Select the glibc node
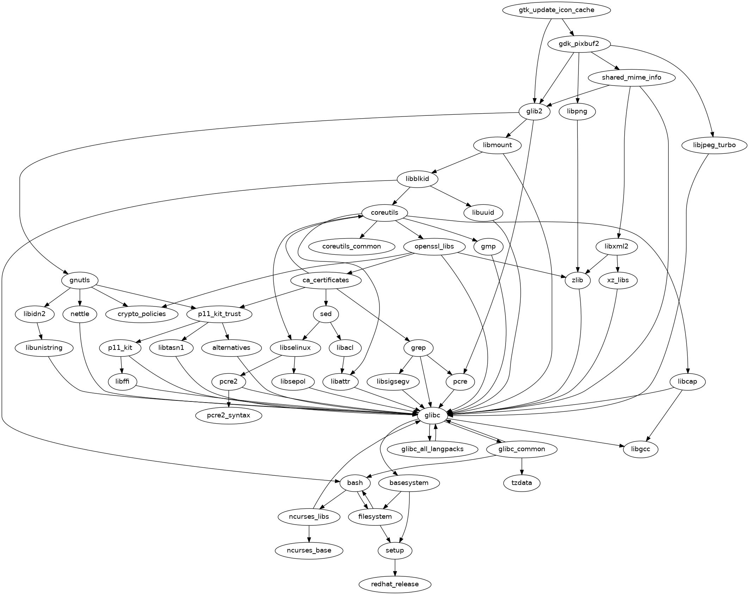click(432, 415)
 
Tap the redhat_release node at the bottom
click(395, 584)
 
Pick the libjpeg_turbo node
click(714, 145)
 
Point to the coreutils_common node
click(352, 246)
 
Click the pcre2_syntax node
click(229, 416)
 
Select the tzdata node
click(522, 483)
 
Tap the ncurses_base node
click(309, 550)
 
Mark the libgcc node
click(640, 449)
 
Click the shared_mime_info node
click(631, 77)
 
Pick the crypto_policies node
click(142, 314)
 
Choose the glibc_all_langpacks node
click(432, 449)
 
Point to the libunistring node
click(44, 348)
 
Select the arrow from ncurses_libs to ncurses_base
click(309, 533)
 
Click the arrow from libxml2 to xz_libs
click(617, 263)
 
